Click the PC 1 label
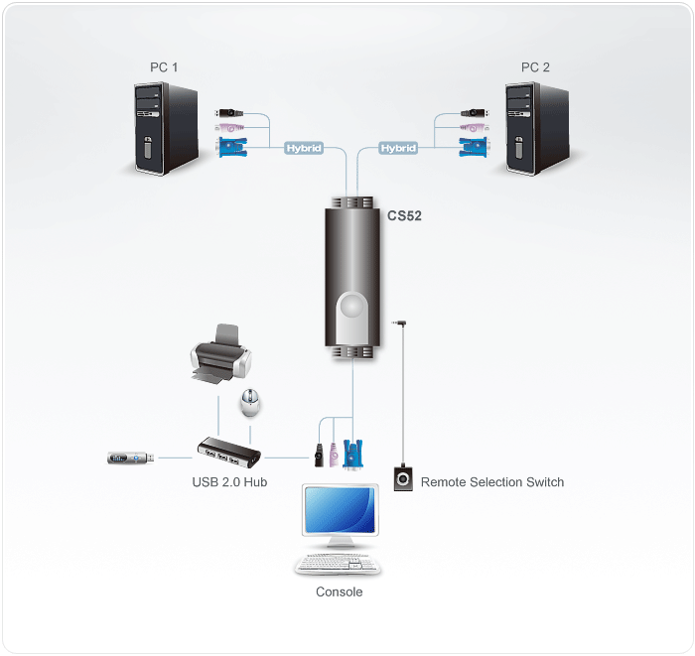tap(164, 67)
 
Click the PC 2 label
tap(535, 67)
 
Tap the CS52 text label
tap(404, 215)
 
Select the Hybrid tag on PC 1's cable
tap(304, 148)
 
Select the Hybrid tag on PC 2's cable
tap(398, 148)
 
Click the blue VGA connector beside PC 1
tap(232, 147)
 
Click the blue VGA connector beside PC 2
tap(473, 147)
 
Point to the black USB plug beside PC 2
tap(475, 113)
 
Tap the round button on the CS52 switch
tap(351, 306)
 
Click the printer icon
tap(220, 353)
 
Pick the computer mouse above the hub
tap(249, 403)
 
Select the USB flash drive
tap(131, 458)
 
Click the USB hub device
tap(229, 453)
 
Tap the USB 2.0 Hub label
tap(229, 482)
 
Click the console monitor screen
tap(340, 510)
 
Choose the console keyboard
tap(338, 565)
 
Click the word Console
tap(340, 591)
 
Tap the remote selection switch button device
tap(403, 478)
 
